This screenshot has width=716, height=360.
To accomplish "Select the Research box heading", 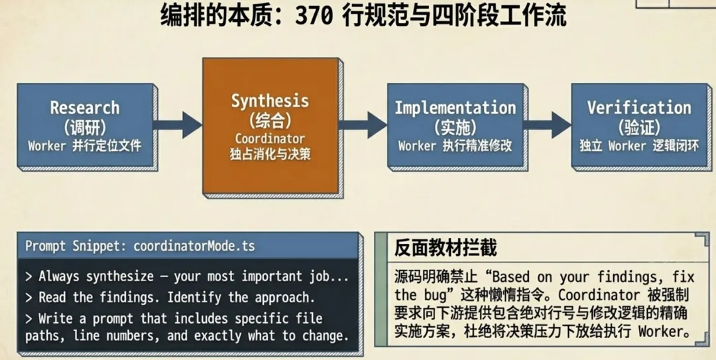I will [85, 107].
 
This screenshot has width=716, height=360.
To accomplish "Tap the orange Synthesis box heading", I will [270, 101].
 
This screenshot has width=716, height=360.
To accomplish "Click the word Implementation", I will [455, 107].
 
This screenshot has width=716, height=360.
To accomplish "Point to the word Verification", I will [638, 107].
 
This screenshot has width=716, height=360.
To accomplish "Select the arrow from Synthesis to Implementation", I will [363, 125].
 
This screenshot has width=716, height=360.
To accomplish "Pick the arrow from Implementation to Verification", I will [548, 125].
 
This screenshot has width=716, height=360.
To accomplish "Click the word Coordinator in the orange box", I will [270, 139].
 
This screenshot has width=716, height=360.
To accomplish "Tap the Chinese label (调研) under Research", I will [85, 126].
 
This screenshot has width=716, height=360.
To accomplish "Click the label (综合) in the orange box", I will [270, 120].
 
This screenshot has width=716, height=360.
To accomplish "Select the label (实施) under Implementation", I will [455, 126].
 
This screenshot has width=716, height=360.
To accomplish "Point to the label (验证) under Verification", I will [638, 126].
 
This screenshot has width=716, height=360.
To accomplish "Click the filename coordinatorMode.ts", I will [194, 246].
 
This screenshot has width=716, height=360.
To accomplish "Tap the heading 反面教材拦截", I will [446, 249].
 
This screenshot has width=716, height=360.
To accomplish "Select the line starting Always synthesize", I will [187, 276].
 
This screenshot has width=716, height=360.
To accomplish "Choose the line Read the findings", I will [170, 296].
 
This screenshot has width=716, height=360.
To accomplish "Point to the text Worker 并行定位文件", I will [85, 145].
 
